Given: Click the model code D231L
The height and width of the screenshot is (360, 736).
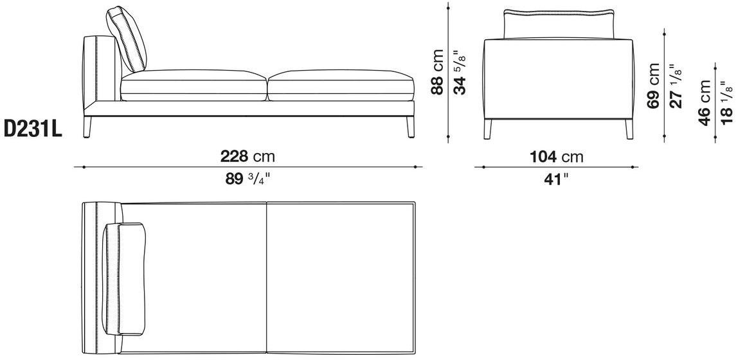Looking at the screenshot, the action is pyautogui.click(x=33, y=129).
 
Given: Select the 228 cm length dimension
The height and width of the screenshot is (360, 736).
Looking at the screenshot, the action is pyautogui.click(x=247, y=156).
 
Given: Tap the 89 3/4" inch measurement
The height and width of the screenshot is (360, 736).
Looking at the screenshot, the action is pyautogui.click(x=248, y=179).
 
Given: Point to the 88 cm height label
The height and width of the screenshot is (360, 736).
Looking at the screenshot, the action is pyautogui.click(x=437, y=72).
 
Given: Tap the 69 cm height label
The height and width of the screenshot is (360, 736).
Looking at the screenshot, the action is pyautogui.click(x=653, y=86).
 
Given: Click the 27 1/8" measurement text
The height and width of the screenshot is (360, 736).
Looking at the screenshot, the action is pyautogui.click(x=676, y=86).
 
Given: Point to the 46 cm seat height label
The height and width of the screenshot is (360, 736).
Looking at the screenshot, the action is pyautogui.click(x=705, y=103).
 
